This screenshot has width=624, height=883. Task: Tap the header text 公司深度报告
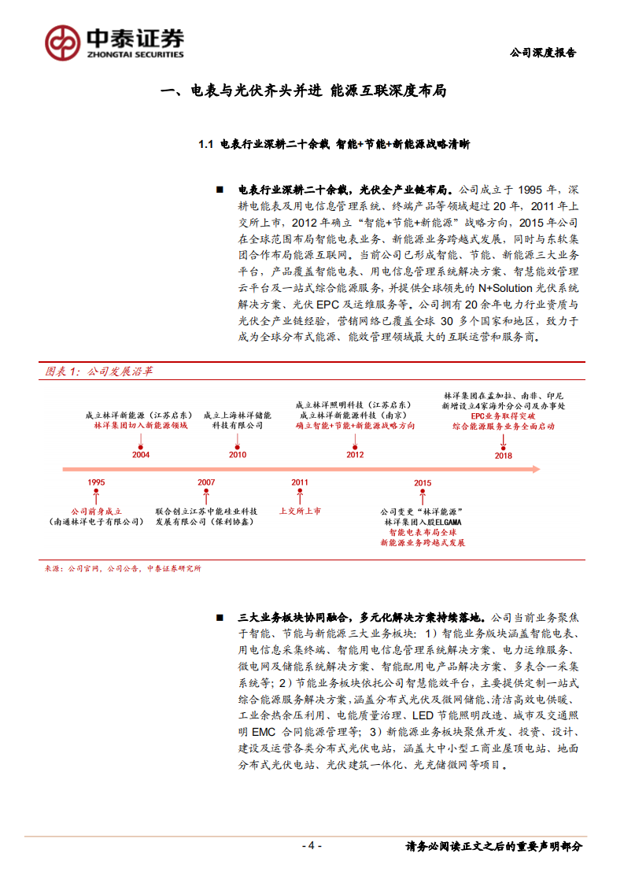point(543,53)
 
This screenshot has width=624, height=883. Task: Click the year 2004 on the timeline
point(141,455)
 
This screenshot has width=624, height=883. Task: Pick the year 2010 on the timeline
point(237,455)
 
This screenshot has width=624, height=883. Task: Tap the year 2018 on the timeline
point(504,455)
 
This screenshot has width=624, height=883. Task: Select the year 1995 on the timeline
point(96,482)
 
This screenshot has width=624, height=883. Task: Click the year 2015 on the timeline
point(423,482)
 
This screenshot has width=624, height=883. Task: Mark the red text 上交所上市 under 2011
point(300,511)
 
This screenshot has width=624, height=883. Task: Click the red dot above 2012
point(355,441)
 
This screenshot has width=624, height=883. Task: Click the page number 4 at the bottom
point(312,845)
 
